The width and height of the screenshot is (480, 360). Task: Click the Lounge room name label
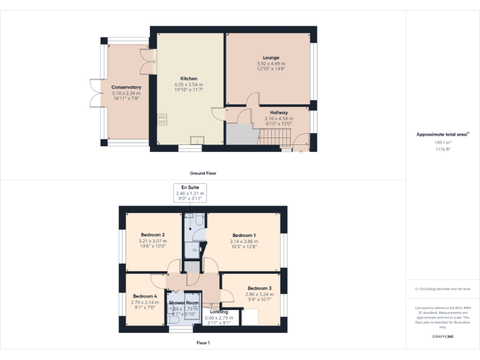(x=271, y=57)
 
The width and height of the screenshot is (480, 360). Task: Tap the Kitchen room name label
(x=189, y=79)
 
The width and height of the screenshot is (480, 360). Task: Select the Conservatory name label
(x=126, y=87)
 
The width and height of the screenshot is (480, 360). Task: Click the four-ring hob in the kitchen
(x=162, y=118)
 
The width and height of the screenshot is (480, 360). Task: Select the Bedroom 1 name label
(x=243, y=236)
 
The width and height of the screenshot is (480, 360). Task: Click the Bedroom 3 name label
(x=258, y=288)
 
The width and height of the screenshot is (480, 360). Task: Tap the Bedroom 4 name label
(x=144, y=296)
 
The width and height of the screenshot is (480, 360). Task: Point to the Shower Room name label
(x=184, y=302)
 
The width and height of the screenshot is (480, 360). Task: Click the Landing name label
(x=219, y=311)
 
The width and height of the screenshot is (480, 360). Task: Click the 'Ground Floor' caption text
(x=203, y=173)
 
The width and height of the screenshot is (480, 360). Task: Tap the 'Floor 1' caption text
(x=203, y=342)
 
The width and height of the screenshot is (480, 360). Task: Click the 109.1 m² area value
(x=442, y=142)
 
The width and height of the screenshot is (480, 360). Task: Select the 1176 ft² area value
(x=442, y=149)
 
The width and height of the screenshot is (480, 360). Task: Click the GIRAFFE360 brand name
(x=442, y=336)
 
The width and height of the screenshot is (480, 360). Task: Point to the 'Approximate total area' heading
(x=442, y=134)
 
